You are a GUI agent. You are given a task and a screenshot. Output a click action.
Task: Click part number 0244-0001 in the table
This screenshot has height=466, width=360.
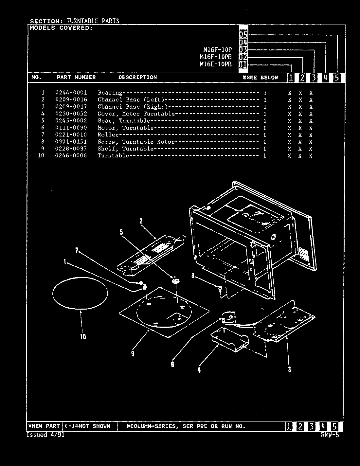pyautogui.click(x=71, y=93)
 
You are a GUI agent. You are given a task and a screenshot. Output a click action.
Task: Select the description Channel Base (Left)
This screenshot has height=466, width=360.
pyautogui.click(x=131, y=100)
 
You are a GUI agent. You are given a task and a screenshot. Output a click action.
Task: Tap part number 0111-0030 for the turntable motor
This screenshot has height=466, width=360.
pyautogui.click(x=71, y=128)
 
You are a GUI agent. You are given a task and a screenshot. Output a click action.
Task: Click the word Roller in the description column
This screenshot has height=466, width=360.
pyautogui.click(x=108, y=135)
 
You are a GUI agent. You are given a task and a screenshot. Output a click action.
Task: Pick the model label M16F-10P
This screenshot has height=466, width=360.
pyautogui.click(x=217, y=50)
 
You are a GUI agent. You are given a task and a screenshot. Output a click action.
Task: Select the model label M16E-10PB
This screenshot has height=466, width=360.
pyautogui.click(x=215, y=64)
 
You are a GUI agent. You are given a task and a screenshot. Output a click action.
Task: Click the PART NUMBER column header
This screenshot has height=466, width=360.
pyautogui.click(x=76, y=78)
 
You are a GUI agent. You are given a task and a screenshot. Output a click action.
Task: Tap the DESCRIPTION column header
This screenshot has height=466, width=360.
pyautogui.click(x=137, y=78)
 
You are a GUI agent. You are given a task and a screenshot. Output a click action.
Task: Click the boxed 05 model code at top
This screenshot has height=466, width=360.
pyautogui.click(x=243, y=35)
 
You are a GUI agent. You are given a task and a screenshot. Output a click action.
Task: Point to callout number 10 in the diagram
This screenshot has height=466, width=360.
pyautogui.click(x=83, y=336)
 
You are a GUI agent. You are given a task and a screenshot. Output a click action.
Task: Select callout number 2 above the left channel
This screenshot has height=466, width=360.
pyautogui.click(x=141, y=222)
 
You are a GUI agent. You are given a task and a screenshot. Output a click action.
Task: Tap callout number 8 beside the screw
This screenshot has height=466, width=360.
pyautogui.click(x=193, y=276)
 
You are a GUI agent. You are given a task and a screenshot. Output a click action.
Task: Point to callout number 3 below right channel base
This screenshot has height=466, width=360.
pyautogui.click(x=289, y=369)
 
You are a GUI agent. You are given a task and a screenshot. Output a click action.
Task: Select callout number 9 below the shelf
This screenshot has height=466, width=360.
pyautogui.click(x=133, y=353)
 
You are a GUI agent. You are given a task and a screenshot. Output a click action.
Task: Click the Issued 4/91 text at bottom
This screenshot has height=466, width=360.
pyautogui.click(x=45, y=435)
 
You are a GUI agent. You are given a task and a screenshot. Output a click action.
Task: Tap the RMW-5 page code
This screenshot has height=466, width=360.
pyautogui.click(x=330, y=435)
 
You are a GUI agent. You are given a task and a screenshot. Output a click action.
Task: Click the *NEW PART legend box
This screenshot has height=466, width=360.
pyautogui.click(x=44, y=426)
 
